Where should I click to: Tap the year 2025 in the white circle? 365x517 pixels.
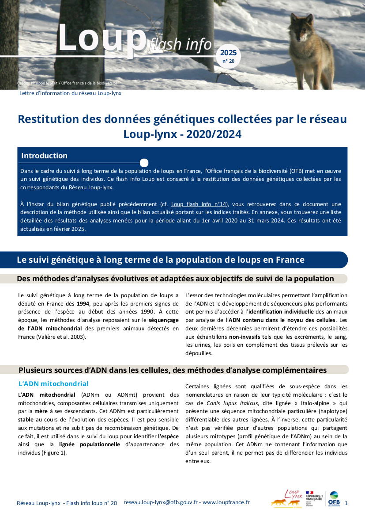228,53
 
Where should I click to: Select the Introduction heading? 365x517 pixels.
44,156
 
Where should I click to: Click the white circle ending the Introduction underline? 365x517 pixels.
144,163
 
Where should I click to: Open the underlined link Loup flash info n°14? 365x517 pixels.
199,204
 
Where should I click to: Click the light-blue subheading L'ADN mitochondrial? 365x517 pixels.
53,383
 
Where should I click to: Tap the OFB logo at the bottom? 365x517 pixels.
334,499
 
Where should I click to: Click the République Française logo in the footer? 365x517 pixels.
314,499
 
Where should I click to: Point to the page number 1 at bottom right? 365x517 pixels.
346,503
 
